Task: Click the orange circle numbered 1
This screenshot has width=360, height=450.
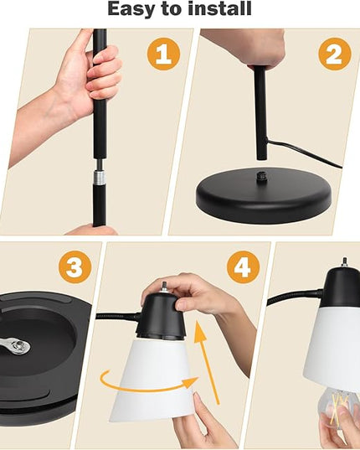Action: click(x=163, y=54)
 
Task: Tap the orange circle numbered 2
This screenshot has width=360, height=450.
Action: click(x=335, y=54)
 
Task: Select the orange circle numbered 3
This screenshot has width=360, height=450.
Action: click(x=75, y=267)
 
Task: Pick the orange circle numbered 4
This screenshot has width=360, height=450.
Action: click(x=243, y=267)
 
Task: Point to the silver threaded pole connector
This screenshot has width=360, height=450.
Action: click(x=99, y=177)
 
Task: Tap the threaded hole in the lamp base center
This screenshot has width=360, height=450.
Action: click(x=261, y=175)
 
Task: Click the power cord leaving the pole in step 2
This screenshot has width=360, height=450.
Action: click(x=304, y=153)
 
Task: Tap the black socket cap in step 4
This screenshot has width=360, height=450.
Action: click(x=162, y=316)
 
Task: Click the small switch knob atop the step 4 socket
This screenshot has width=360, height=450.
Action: click(x=165, y=287)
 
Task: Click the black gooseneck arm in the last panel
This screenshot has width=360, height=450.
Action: click(x=296, y=297)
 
